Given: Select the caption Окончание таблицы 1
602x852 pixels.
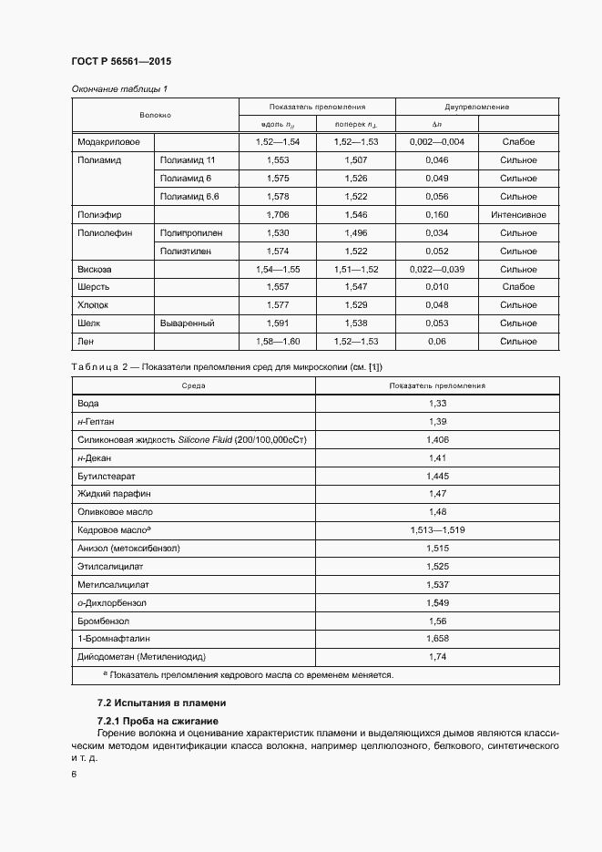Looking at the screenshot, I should click(119, 88).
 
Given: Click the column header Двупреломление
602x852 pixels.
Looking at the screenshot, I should click(476, 107).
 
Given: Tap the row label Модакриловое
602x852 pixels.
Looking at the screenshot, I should click(109, 142).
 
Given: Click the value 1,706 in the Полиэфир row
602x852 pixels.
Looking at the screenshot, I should click(277, 215).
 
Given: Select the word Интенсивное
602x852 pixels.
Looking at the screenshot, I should click(518, 215).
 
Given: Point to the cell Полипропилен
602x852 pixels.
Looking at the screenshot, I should click(191, 233).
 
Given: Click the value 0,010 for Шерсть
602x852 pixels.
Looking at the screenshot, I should click(436, 287).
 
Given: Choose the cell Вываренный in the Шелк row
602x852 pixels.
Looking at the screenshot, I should click(188, 323).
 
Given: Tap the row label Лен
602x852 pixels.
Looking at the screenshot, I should click(87, 342).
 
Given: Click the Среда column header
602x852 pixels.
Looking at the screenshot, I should click(193, 385).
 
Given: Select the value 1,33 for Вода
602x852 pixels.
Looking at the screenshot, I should click(437, 403).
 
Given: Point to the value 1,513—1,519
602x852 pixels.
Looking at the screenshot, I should click(437, 529).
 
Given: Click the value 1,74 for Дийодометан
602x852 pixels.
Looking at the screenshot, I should click(437, 656).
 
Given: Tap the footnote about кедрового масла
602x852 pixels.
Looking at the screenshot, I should click(248, 675).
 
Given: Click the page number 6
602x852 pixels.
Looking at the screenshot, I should click(75, 775).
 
